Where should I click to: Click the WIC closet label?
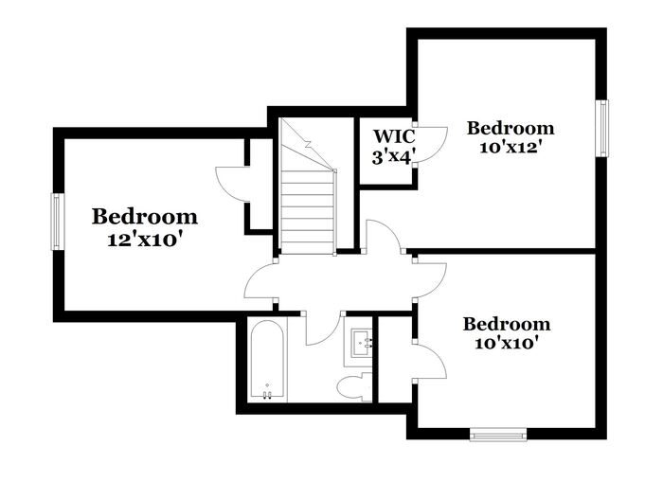(x=391, y=135)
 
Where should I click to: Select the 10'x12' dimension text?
(x=510, y=148)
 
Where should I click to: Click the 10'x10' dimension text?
(x=506, y=343)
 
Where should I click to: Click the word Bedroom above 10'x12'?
(x=511, y=128)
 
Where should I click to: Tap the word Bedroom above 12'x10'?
(x=144, y=217)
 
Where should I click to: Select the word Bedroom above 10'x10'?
(x=506, y=324)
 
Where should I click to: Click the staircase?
(x=308, y=194)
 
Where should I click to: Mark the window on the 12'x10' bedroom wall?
(x=57, y=222)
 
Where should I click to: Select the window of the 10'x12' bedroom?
(x=600, y=127)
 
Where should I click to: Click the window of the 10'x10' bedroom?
(x=498, y=435)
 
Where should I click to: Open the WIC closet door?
(x=431, y=144)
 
